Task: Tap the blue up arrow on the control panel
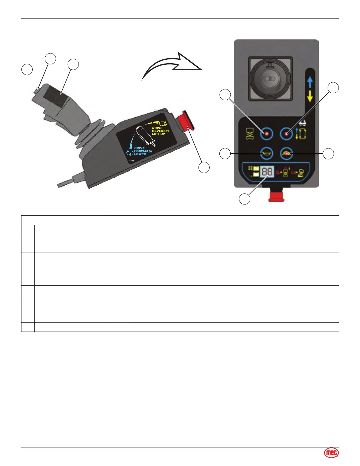point(310,83)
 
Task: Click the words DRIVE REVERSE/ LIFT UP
point(160,131)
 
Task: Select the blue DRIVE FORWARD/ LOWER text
point(143,151)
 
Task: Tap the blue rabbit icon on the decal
point(129,152)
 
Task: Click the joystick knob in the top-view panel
point(270,79)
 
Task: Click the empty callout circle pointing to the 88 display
point(244,199)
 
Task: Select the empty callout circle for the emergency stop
point(204,167)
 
